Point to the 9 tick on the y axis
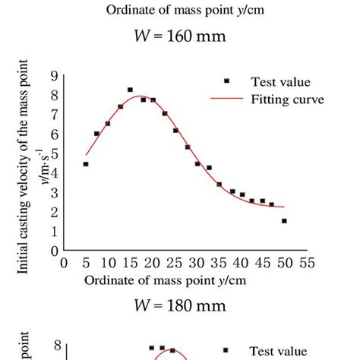[x=54, y=75]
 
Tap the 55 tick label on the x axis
[x=307, y=263]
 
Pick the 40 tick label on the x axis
[x=241, y=263]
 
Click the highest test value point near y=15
[x=130, y=90]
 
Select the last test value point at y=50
[x=284, y=221]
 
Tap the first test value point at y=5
[x=86, y=164]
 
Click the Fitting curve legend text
[x=280, y=99]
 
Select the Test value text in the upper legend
[x=280, y=81]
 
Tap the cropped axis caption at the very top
[x=180, y=9]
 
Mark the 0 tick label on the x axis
[x=65, y=263]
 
